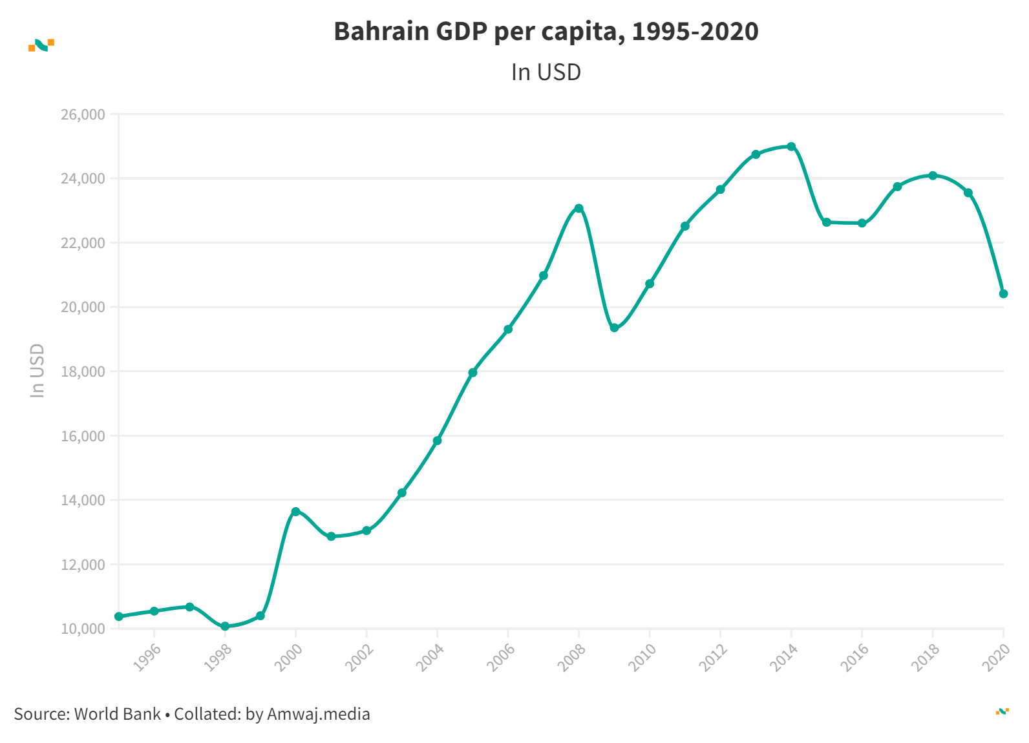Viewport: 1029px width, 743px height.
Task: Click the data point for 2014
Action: [x=791, y=147]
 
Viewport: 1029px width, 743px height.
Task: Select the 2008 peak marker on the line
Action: [x=579, y=208]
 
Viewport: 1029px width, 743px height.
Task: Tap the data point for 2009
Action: [x=614, y=328]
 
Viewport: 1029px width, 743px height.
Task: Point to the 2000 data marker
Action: [x=296, y=512]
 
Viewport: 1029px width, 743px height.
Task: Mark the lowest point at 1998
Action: [x=225, y=626]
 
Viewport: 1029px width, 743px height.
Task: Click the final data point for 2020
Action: [x=1003, y=294]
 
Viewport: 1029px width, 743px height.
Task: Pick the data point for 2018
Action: [x=933, y=176]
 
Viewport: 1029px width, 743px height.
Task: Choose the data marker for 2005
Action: [x=472, y=373]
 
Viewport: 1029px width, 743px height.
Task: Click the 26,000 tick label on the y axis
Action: [x=83, y=115]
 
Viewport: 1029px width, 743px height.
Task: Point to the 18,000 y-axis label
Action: [x=83, y=371]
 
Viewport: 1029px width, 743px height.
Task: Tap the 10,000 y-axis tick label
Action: [x=83, y=629]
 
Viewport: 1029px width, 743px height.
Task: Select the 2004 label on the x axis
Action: [x=430, y=658]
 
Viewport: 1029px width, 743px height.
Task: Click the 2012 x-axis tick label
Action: [x=713, y=658]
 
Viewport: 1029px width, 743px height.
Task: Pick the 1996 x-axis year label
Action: [x=147, y=658]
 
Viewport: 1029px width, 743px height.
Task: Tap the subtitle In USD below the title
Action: [x=546, y=72]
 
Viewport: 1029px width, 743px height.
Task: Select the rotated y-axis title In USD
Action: [x=37, y=370]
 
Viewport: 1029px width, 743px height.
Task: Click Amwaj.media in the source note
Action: [x=318, y=714]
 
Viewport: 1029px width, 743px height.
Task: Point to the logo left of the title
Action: [x=41, y=45]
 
